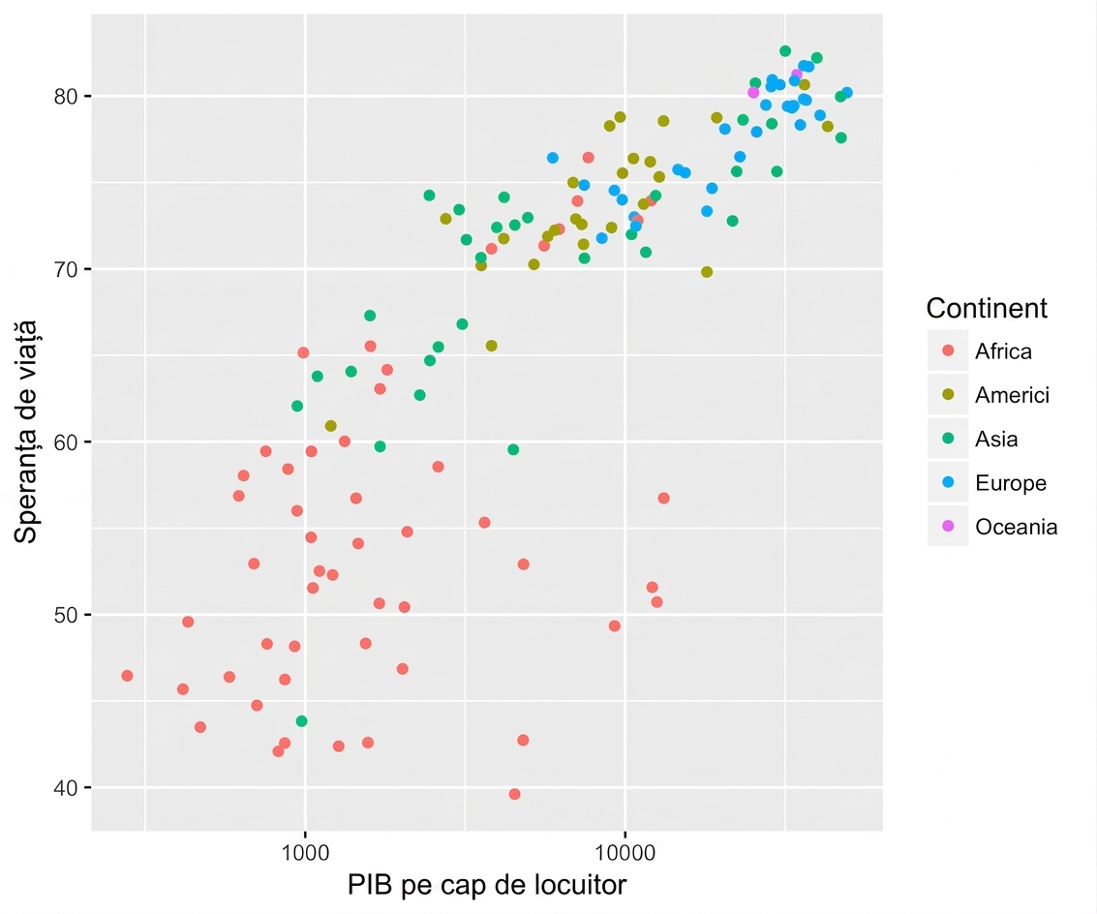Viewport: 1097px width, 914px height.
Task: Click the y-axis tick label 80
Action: click(65, 96)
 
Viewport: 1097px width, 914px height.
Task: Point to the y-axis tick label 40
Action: click(65, 788)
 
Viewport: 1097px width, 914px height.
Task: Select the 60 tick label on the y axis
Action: click(65, 442)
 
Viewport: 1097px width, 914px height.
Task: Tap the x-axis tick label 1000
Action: click(305, 853)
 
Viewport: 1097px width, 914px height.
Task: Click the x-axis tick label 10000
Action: click(625, 853)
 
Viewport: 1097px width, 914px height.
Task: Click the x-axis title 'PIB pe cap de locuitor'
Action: click(487, 886)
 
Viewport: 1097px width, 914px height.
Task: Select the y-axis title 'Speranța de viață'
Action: click(26, 432)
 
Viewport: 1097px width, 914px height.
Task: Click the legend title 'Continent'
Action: click(987, 308)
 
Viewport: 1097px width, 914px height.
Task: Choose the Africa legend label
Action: click(1003, 351)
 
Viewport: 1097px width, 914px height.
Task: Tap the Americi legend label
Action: click(1013, 395)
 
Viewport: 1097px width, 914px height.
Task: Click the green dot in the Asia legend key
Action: click(948, 438)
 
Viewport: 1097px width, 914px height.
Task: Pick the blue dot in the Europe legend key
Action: click(948, 482)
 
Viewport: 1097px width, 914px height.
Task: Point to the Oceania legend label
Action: click(1016, 527)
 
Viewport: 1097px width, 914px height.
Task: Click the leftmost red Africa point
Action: click(127, 676)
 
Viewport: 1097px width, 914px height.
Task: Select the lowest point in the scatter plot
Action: click(514, 794)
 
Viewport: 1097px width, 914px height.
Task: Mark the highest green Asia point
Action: click(785, 51)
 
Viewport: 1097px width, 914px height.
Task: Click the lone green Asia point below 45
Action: click(301, 721)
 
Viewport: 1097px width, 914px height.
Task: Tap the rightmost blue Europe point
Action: click(846, 93)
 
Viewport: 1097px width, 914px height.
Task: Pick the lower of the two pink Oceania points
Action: click(753, 93)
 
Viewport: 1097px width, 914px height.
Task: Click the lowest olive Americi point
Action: click(330, 426)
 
